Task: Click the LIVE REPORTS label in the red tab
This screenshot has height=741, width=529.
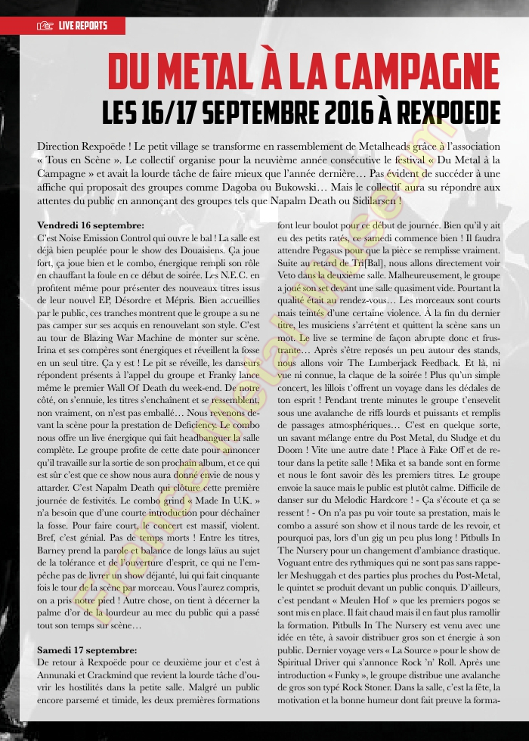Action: tap(83, 26)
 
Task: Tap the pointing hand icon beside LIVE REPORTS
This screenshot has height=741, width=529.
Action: tap(44, 26)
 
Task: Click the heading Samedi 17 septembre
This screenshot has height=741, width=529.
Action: tap(87, 650)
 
